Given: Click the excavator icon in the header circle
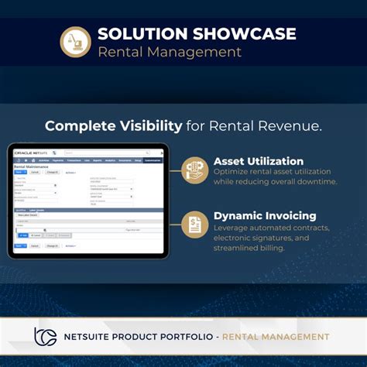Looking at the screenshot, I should tap(76, 42).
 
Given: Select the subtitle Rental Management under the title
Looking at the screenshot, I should tap(170, 53).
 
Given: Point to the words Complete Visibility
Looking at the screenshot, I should tap(114, 125).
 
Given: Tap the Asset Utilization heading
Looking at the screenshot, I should tap(259, 161).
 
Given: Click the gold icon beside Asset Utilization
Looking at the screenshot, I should tap(195, 170).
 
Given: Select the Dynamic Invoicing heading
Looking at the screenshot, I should tap(265, 215).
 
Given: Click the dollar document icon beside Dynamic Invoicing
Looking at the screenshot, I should tap(195, 225).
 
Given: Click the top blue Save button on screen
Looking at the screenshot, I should tap(21, 173).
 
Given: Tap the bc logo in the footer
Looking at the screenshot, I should tap(45, 336).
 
